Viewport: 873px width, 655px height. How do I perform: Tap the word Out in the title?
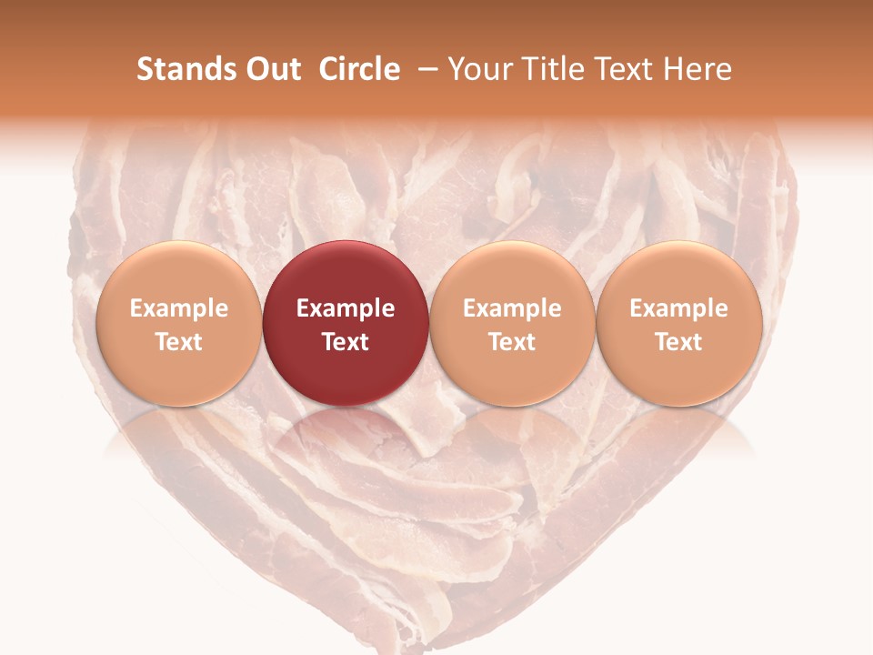point(271,69)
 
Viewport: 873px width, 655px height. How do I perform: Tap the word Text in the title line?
point(620,69)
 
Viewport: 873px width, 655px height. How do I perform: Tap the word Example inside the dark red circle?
point(346,308)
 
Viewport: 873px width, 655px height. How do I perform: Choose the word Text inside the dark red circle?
point(346,342)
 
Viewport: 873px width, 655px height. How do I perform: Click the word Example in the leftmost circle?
point(178,308)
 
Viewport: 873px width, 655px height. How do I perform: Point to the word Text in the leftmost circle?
point(178,342)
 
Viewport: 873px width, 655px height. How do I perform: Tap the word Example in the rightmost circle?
point(679,308)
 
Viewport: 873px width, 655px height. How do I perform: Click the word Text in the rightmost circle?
point(679,342)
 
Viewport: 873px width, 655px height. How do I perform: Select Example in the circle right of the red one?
point(512,308)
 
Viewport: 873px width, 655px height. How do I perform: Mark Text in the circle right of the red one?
point(512,342)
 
